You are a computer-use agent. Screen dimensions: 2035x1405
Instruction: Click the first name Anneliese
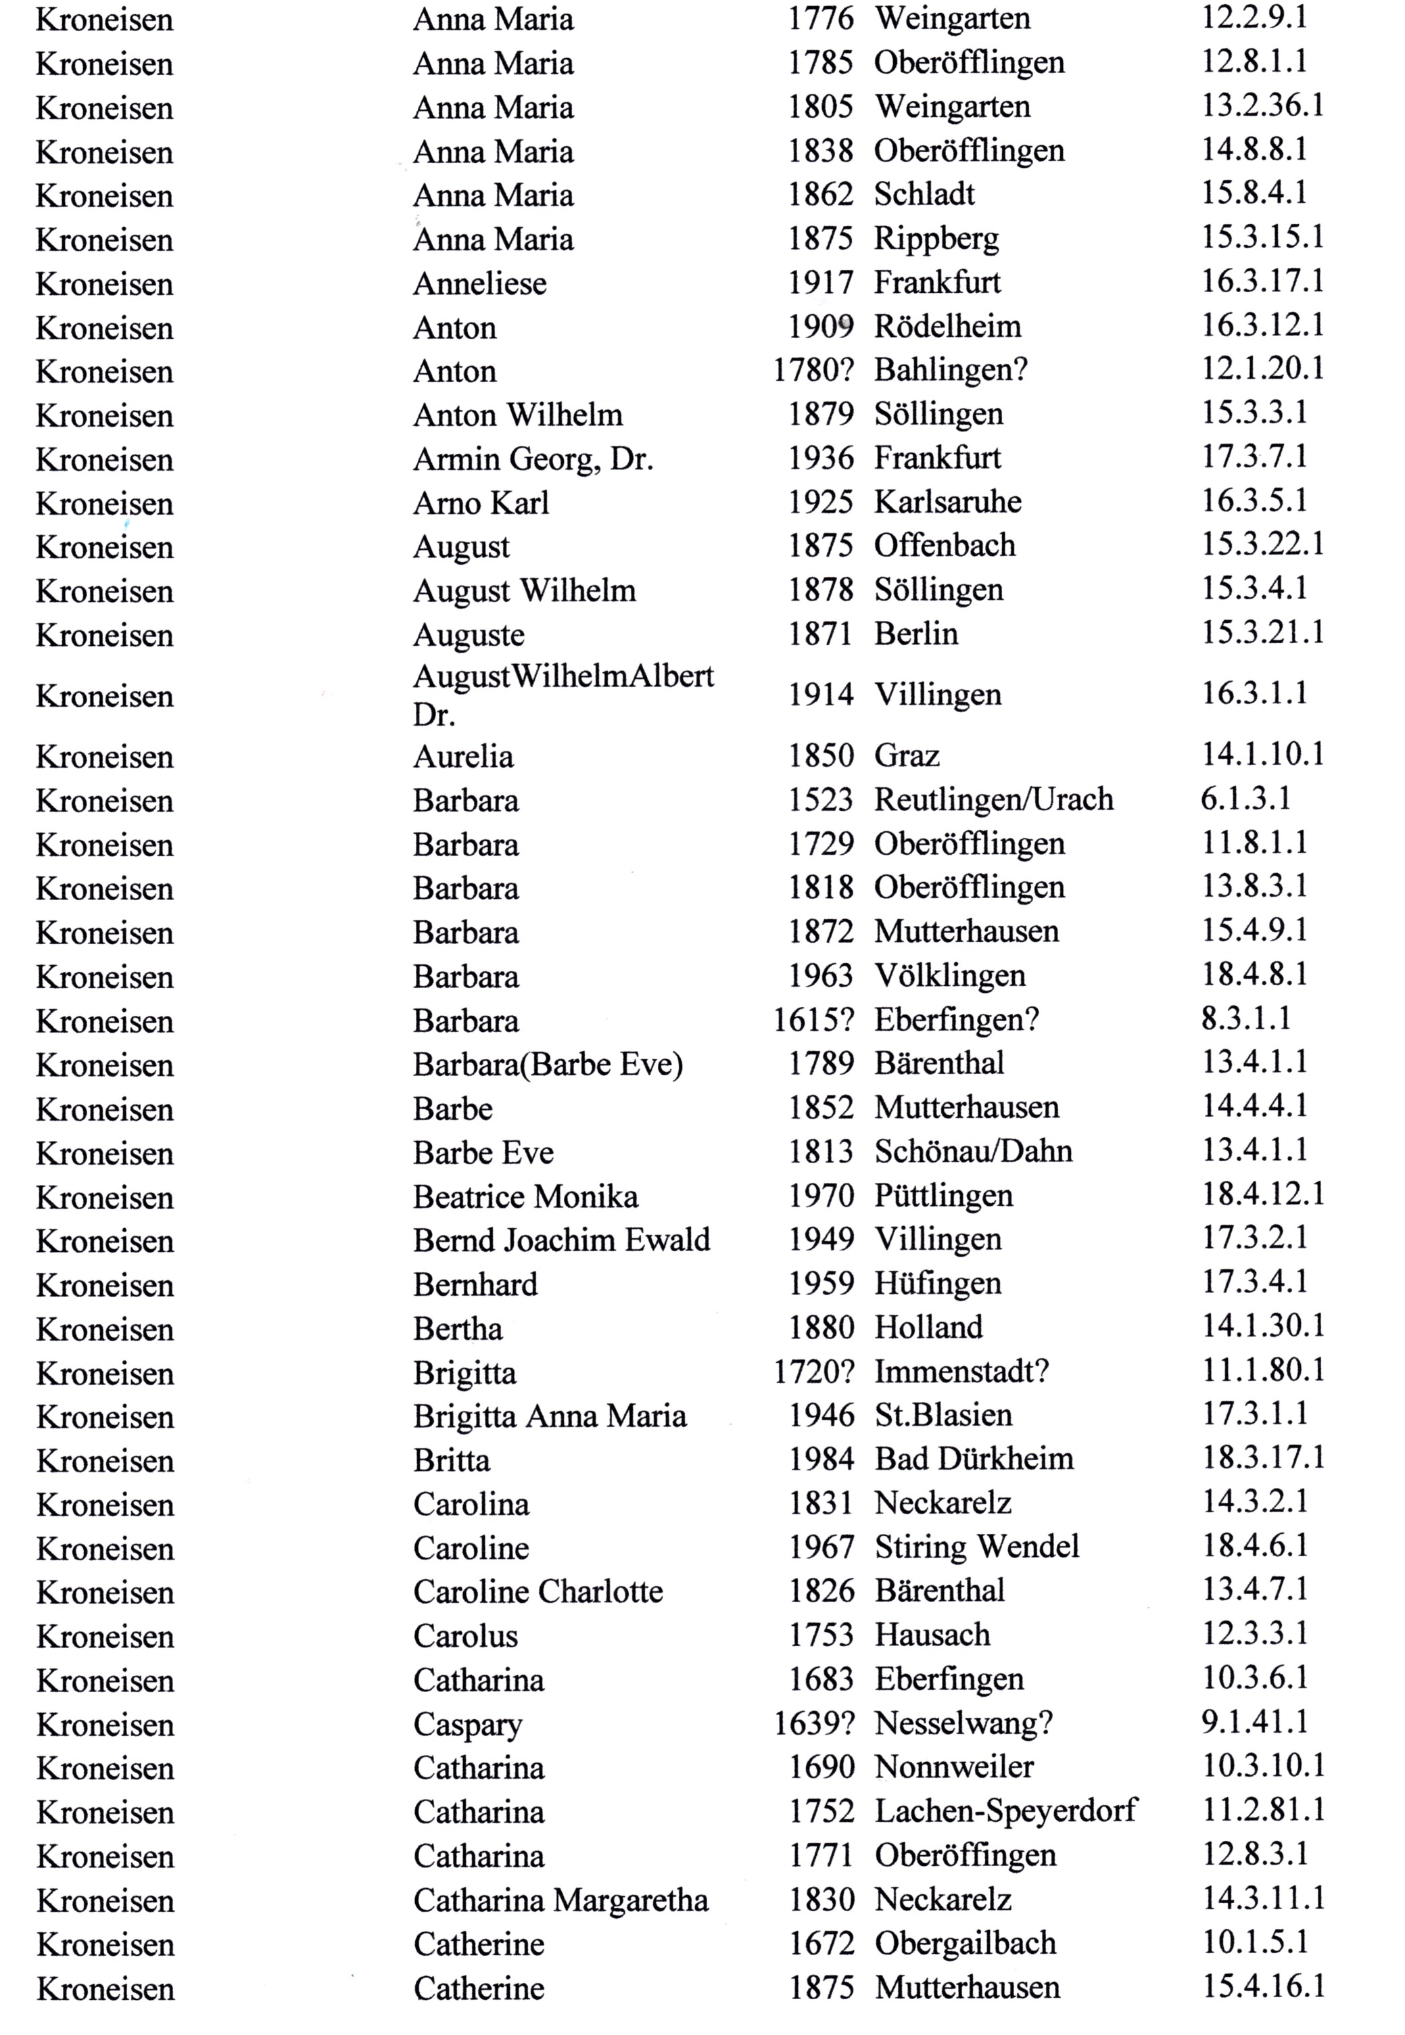pos(480,283)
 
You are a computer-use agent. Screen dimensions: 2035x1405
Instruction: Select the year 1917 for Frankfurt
pos(820,283)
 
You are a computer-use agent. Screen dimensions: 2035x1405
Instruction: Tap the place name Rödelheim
pos(947,327)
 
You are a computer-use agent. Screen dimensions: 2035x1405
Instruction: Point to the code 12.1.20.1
pos(1262,368)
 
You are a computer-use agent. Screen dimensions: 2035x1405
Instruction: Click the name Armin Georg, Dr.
pos(533,459)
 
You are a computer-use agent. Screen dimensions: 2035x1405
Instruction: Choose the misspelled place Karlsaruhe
pos(947,502)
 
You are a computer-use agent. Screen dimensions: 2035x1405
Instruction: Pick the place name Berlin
pos(915,634)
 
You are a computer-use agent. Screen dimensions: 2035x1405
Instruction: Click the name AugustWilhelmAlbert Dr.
pos(563,695)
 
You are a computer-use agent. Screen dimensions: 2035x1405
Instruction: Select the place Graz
pos(907,755)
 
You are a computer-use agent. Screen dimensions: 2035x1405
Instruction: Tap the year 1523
pos(820,799)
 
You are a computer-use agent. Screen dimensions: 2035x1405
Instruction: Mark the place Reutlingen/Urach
pos(993,799)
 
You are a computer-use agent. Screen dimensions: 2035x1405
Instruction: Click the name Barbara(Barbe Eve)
pos(548,1065)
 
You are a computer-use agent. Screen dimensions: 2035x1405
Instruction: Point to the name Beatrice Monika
pos(525,1196)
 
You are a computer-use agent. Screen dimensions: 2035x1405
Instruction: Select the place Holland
pos(928,1327)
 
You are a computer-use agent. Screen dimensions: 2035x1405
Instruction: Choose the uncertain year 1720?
pos(813,1371)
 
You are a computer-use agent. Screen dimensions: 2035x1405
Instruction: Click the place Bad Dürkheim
pos(974,1459)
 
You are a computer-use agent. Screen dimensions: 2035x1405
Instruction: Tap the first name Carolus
pos(466,1635)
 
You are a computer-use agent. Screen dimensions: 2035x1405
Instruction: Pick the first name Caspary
pos(467,1724)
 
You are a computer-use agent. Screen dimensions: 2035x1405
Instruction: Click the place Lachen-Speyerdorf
pos(1005,1810)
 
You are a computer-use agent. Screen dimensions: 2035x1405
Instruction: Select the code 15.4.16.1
pos(1263,1986)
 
